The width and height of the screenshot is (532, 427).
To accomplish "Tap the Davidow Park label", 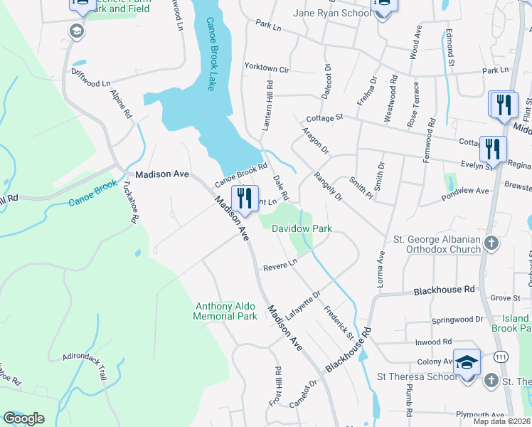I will pos(302,229).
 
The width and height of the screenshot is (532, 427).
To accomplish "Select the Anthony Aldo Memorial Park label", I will pos(225,311).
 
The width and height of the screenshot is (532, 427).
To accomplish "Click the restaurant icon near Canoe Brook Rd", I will pos(245,200).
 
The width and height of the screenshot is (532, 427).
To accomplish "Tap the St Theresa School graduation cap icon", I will pos(467,366).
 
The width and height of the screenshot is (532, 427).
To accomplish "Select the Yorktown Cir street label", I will pos(267,70).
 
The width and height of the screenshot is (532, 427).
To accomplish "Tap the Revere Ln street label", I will pos(279,263).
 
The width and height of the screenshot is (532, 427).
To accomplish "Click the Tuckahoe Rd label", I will pos(129,201).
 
